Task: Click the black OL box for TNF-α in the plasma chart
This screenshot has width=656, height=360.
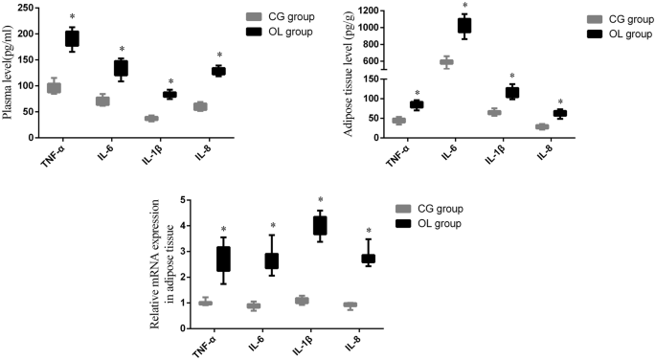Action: tap(72, 38)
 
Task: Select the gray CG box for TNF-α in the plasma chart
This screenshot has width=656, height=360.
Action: tap(54, 88)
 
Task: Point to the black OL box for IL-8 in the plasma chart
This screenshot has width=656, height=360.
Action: tap(218, 71)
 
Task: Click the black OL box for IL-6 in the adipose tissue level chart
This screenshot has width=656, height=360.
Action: tap(464, 25)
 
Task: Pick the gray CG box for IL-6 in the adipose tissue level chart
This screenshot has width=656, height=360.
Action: tap(446, 62)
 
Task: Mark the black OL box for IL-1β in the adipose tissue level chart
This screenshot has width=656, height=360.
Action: tap(511, 93)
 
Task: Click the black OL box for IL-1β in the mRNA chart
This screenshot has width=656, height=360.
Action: tap(319, 226)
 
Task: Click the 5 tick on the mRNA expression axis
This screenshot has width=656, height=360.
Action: tap(183, 200)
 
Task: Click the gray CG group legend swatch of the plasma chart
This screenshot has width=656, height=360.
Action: tap(253, 17)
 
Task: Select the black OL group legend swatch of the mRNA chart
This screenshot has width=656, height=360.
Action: tap(405, 223)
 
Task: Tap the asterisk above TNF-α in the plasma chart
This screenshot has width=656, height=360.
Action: tap(72, 17)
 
